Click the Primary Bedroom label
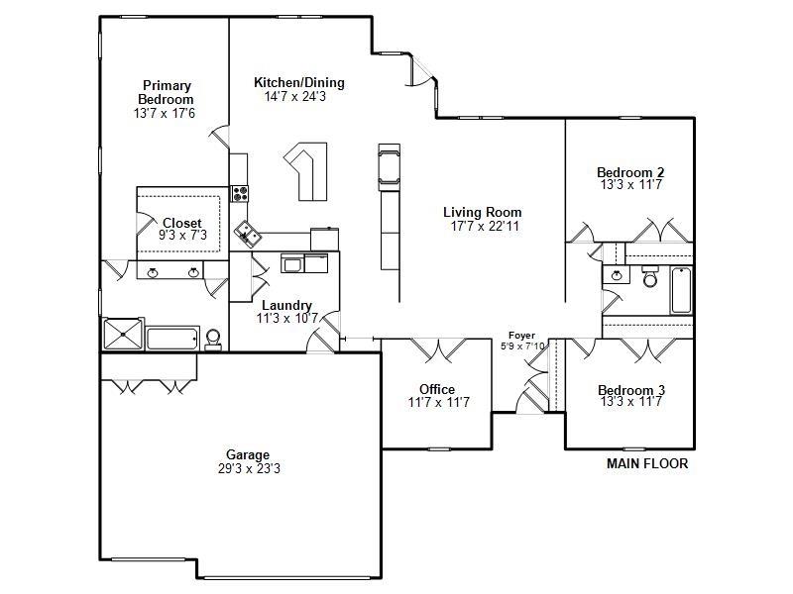click(166, 92)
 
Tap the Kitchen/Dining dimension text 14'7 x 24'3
click(295, 96)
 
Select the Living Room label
click(483, 212)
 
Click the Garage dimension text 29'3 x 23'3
click(249, 468)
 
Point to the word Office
click(437, 389)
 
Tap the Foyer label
click(522, 336)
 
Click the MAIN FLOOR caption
click(647, 463)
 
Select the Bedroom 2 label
click(630, 172)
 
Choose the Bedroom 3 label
click(631, 390)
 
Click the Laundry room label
click(286, 306)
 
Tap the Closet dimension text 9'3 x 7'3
click(182, 235)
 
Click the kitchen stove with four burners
click(240, 193)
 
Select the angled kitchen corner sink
click(247, 234)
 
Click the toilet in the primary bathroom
click(213, 340)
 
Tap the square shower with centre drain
click(123, 334)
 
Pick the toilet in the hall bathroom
click(650, 277)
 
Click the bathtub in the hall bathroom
click(681, 291)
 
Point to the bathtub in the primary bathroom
click(172, 339)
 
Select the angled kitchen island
click(306, 170)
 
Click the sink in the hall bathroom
click(616, 275)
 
